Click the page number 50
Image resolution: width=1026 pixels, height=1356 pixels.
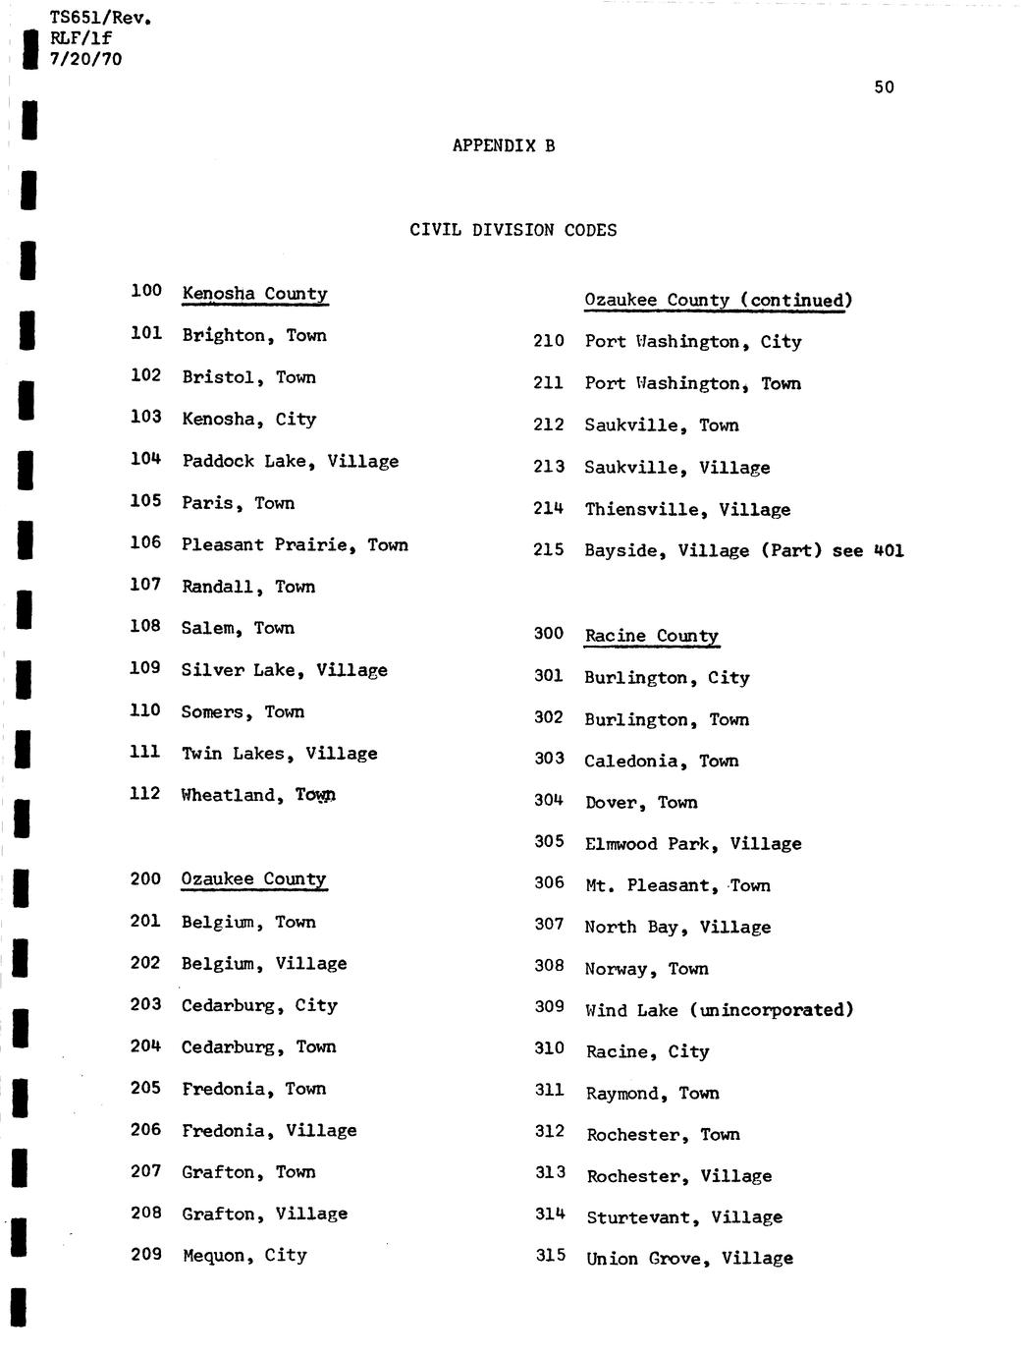pyautogui.click(x=884, y=87)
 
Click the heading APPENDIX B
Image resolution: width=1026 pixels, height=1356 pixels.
pyautogui.click(x=504, y=145)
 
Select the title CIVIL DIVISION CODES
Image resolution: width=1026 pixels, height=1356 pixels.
pyautogui.click(x=513, y=230)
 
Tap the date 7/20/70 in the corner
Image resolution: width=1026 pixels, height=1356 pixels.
pyautogui.click(x=86, y=59)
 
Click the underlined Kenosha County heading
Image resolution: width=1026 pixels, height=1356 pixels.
pyautogui.click(x=254, y=294)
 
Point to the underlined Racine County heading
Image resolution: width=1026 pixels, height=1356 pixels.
pyautogui.click(x=651, y=636)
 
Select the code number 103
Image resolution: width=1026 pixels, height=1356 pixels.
pyautogui.click(x=145, y=417)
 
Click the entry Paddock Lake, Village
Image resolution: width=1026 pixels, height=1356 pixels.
pyautogui.click(x=290, y=461)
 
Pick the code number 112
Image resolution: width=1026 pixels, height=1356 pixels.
pyautogui.click(x=144, y=793)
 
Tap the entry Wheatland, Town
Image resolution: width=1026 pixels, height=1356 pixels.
pyautogui.click(x=258, y=795)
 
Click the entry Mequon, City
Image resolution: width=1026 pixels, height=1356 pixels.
pyautogui.click(x=244, y=1255)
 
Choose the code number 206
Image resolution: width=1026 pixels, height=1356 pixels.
pyautogui.click(x=145, y=1130)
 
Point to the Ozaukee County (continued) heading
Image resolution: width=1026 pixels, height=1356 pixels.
pyautogui.click(x=718, y=301)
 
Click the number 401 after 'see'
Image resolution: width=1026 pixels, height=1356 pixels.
pyautogui.click(x=888, y=550)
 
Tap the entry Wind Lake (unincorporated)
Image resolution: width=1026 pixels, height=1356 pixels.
pyautogui.click(x=719, y=1010)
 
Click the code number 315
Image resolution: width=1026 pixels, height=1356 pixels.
pyautogui.click(x=550, y=1255)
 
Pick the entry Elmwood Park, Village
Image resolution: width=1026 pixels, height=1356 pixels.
pyautogui.click(x=692, y=844)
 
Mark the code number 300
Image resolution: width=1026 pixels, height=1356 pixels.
pyautogui.click(x=548, y=634)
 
